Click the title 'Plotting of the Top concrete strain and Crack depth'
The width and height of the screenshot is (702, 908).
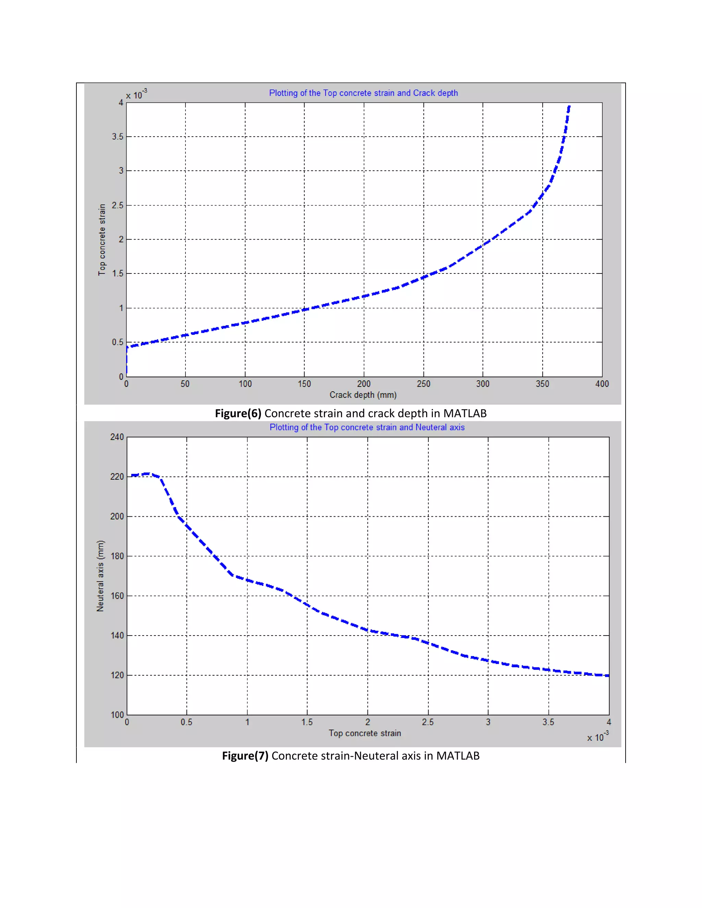point(363,93)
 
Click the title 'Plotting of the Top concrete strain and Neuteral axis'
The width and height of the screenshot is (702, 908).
point(367,427)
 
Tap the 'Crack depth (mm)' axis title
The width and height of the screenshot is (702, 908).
point(363,394)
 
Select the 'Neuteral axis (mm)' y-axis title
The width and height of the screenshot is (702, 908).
point(100,576)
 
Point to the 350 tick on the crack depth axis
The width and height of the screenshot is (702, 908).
point(542,384)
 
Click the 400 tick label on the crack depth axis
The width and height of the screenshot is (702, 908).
point(602,384)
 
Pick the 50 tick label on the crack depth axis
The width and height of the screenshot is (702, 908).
point(185,384)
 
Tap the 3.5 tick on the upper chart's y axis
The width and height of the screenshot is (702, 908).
point(118,136)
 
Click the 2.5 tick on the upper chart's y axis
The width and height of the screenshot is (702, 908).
point(118,205)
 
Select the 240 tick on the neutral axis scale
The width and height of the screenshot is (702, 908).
point(117,437)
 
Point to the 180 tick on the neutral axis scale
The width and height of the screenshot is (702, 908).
point(117,556)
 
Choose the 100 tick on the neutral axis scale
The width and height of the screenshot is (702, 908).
point(117,715)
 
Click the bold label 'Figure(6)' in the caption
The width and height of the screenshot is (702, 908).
point(238,413)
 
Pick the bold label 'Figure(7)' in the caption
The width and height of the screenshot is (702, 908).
point(245,756)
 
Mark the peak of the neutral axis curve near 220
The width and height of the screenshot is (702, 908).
point(147,473)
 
